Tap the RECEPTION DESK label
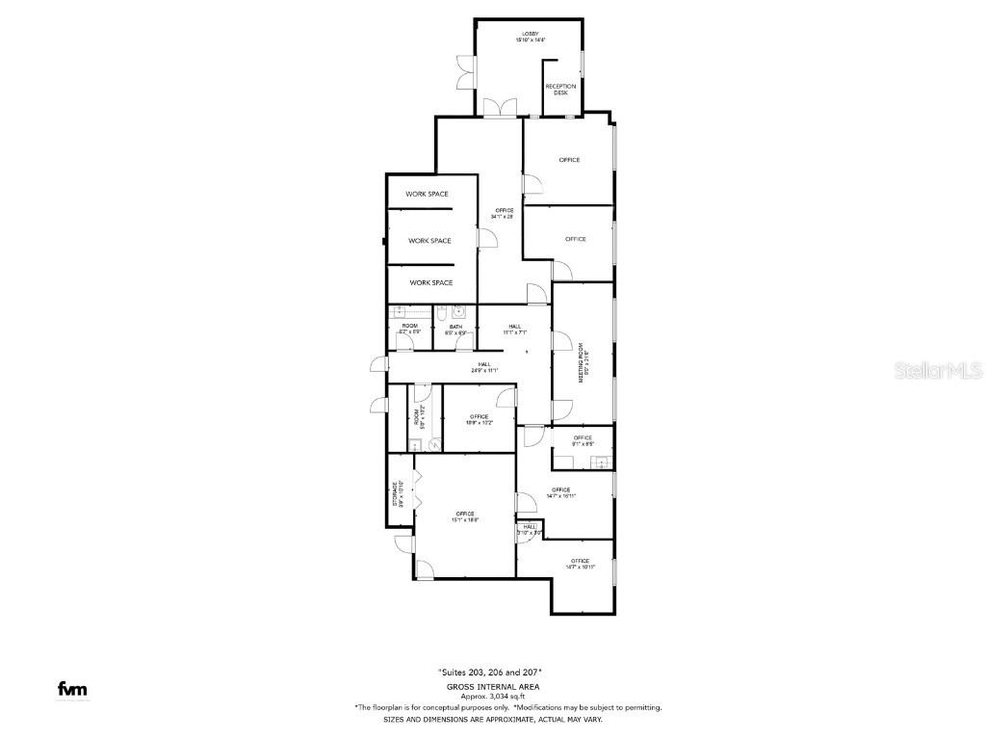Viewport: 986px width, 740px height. [x=560, y=90]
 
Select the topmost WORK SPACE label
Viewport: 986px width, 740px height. [x=427, y=194]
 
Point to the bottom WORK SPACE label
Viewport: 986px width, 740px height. [x=430, y=282]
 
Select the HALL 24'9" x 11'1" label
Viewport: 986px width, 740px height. [x=484, y=367]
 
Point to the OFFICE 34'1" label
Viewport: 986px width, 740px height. [x=504, y=213]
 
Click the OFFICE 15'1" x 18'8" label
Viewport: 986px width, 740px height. [x=466, y=515]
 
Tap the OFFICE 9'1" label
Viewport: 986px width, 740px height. [x=583, y=440]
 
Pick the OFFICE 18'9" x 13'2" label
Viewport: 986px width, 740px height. [x=480, y=419]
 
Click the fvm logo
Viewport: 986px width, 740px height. [x=72, y=689]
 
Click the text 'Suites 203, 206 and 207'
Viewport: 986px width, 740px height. [x=491, y=672]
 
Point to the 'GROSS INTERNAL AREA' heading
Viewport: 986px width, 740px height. [x=492, y=686]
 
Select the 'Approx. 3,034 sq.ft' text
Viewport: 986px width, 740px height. [x=492, y=696]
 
